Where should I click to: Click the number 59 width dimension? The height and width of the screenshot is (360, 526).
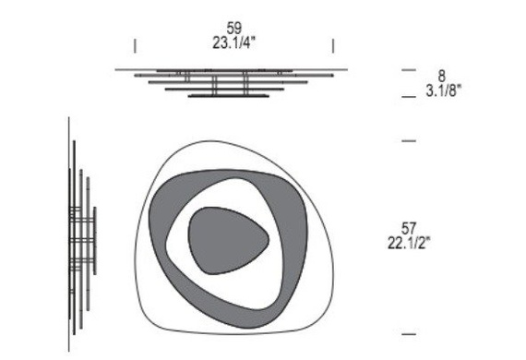coord(233,29)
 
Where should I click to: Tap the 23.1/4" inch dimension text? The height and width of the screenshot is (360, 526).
coord(233,43)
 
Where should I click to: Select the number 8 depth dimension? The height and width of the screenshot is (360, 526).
coord(441,77)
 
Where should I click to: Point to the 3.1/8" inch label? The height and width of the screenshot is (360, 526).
coord(444,90)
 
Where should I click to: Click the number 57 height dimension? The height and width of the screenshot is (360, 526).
coord(408,229)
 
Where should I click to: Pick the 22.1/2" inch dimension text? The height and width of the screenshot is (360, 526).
coord(409,243)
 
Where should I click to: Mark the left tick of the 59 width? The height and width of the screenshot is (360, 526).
coord(135,46)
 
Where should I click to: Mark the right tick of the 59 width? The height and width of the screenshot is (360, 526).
coord(333,46)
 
